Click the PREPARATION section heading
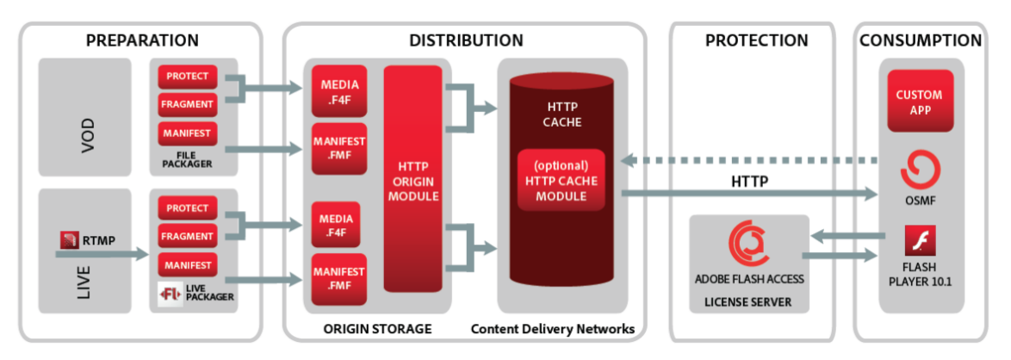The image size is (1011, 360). pyautogui.click(x=142, y=40)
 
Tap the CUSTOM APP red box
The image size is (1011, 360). pyautogui.click(x=919, y=102)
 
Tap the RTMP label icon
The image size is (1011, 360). pyautogui.click(x=70, y=240)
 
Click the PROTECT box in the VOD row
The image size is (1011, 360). pyautogui.click(x=188, y=77)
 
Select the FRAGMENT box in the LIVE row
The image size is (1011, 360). pyautogui.click(x=188, y=236)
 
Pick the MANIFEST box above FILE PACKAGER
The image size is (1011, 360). pyautogui.click(x=188, y=134)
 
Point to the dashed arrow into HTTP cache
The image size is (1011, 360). pyautogui.click(x=749, y=159)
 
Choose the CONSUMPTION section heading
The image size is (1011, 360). pyautogui.click(x=921, y=40)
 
